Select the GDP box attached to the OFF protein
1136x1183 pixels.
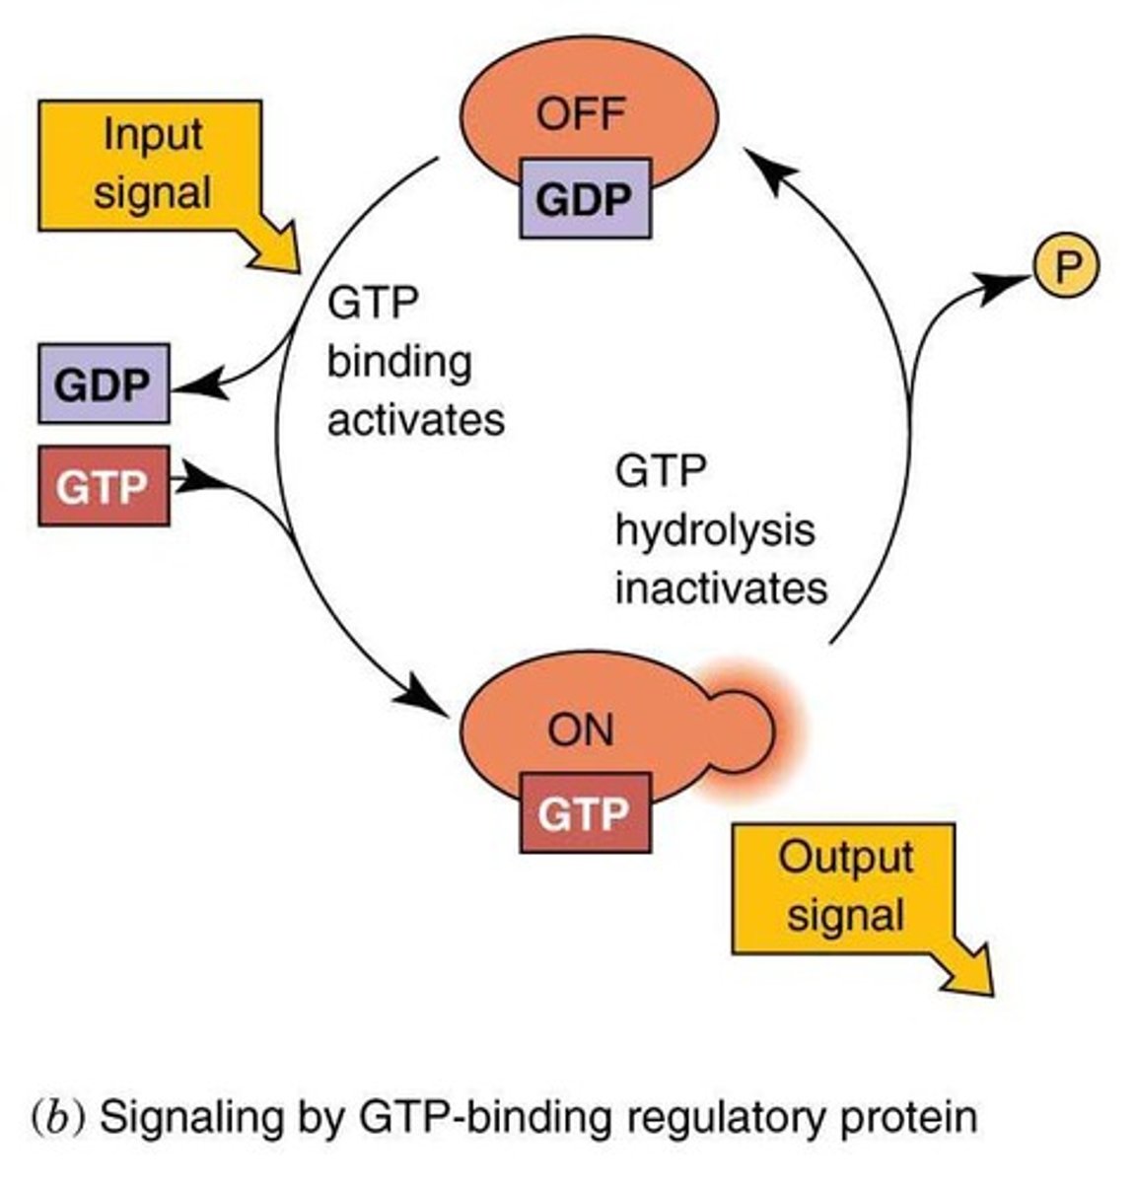point(585,199)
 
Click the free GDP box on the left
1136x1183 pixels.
point(103,383)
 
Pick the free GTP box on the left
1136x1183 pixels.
point(103,486)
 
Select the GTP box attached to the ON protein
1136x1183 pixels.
point(585,813)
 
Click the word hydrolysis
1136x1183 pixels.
point(715,529)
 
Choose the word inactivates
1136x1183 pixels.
point(721,589)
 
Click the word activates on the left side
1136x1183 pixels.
point(415,420)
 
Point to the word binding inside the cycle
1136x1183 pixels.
point(399,362)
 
